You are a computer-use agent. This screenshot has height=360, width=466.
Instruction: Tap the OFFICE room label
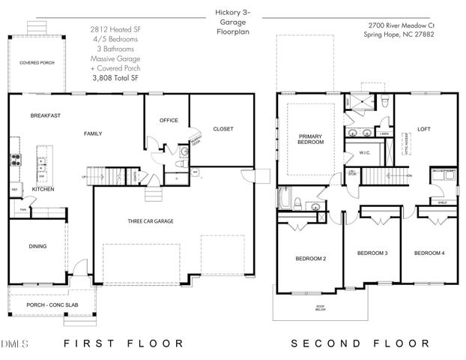coord(169,120)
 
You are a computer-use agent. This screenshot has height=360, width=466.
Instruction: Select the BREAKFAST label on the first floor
coord(45,115)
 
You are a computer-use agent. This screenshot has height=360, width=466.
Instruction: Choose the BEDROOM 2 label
coord(310,259)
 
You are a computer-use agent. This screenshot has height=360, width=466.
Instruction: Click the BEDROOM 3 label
coord(372,253)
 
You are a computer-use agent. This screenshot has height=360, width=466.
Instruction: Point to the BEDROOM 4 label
coord(429,253)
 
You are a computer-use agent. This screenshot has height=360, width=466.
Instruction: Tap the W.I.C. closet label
coord(366,153)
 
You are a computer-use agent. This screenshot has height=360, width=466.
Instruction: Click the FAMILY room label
coord(92,133)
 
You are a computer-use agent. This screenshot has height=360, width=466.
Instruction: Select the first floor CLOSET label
coord(223,129)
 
